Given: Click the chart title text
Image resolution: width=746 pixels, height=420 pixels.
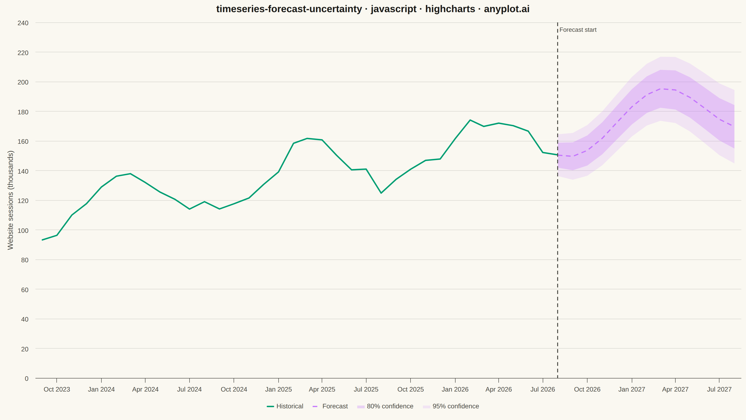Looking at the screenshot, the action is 373,9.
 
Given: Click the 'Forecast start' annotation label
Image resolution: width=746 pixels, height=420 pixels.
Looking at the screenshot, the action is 578,30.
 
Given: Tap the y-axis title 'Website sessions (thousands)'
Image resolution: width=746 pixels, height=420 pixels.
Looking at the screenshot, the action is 10,200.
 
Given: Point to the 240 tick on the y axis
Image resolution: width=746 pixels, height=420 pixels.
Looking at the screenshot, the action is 23,23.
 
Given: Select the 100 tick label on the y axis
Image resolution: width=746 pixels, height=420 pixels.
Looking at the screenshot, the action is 23,231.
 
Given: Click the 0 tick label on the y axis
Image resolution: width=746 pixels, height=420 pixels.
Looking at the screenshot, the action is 27,378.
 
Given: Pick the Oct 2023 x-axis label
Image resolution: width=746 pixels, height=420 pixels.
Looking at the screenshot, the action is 57,389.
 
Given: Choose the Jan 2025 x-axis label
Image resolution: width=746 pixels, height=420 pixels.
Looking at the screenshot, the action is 278,389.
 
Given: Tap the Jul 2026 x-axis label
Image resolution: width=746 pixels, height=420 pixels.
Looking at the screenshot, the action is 543,389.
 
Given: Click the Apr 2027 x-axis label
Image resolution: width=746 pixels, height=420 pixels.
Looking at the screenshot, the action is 675,389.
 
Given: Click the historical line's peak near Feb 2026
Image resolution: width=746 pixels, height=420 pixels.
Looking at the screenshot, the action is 470,120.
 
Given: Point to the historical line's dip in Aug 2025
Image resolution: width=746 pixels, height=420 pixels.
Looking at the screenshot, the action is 381,193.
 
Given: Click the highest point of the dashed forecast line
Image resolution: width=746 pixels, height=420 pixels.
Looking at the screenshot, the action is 661,89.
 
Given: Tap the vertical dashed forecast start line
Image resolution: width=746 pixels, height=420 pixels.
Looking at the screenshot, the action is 557,200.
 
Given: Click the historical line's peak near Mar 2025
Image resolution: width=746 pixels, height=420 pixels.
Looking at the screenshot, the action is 307,139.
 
